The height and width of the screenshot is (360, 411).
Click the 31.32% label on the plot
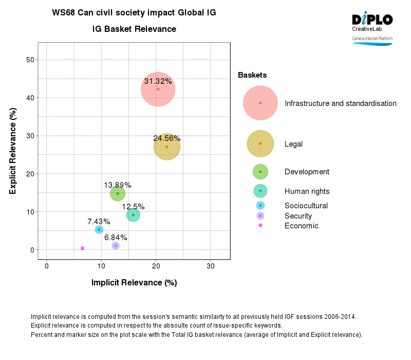[158, 81]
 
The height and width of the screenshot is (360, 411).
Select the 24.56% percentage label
[166, 138]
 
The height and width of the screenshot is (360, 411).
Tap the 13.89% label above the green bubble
[118, 185]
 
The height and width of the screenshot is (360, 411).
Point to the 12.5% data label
[133, 207]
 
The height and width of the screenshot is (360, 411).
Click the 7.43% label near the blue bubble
[99, 222]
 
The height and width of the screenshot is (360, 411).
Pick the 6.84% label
[116, 238]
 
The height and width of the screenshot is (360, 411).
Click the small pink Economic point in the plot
[82, 248]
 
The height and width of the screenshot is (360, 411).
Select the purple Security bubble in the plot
[116, 246]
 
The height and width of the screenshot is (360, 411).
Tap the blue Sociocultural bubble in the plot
[99, 230]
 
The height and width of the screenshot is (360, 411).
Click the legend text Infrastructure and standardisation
[340, 103]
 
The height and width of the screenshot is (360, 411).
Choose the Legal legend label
[293, 144]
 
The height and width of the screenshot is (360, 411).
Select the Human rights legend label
[307, 191]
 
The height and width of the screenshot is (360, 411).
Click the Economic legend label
[301, 226]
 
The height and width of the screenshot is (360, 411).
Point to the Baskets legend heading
[252, 76]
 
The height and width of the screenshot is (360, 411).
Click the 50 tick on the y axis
[30, 60]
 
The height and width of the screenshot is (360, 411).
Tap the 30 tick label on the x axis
[210, 266]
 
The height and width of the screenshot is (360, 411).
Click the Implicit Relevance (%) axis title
[134, 283]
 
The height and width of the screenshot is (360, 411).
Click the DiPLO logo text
[372, 20]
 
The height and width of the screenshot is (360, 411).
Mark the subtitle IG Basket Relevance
[134, 29]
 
